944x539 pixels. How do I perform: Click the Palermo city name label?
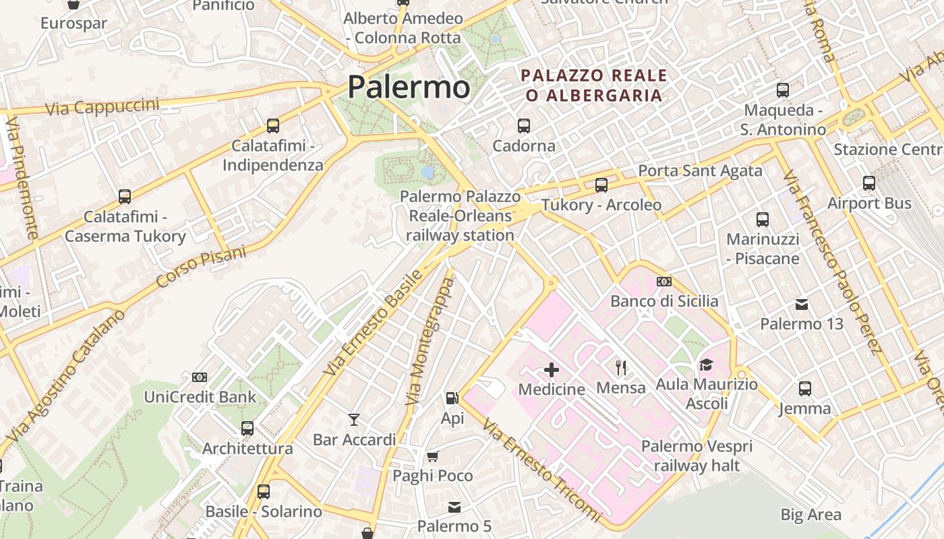pyautogui.click(x=408, y=88)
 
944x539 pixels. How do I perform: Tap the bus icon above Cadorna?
pyautogui.click(x=524, y=125)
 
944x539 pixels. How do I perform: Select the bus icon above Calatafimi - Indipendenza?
pyautogui.click(x=273, y=125)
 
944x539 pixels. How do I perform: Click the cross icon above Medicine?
pyautogui.click(x=552, y=369)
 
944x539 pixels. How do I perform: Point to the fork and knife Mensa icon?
pyautogui.click(x=621, y=368)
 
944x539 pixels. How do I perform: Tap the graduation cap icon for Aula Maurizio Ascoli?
pyautogui.click(x=706, y=364)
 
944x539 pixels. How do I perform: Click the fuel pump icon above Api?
pyautogui.click(x=452, y=398)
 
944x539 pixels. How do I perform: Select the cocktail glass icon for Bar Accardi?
pyautogui.click(x=354, y=420)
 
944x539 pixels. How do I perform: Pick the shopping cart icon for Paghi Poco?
pyautogui.click(x=433, y=456)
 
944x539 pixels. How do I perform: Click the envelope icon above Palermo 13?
pyautogui.click(x=802, y=304)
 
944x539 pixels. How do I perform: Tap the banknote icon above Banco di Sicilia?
pyautogui.click(x=664, y=281)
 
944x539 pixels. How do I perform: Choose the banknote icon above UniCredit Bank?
pyautogui.click(x=200, y=377)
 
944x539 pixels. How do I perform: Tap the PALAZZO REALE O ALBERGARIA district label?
pyautogui.click(x=594, y=85)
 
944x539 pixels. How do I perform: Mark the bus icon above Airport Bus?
pyautogui.click(x=869, y=183)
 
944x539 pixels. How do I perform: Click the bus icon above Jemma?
pyautogui.click(x=805, y=388)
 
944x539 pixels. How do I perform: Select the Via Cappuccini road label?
pyautogui.click(x=102, y=106)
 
